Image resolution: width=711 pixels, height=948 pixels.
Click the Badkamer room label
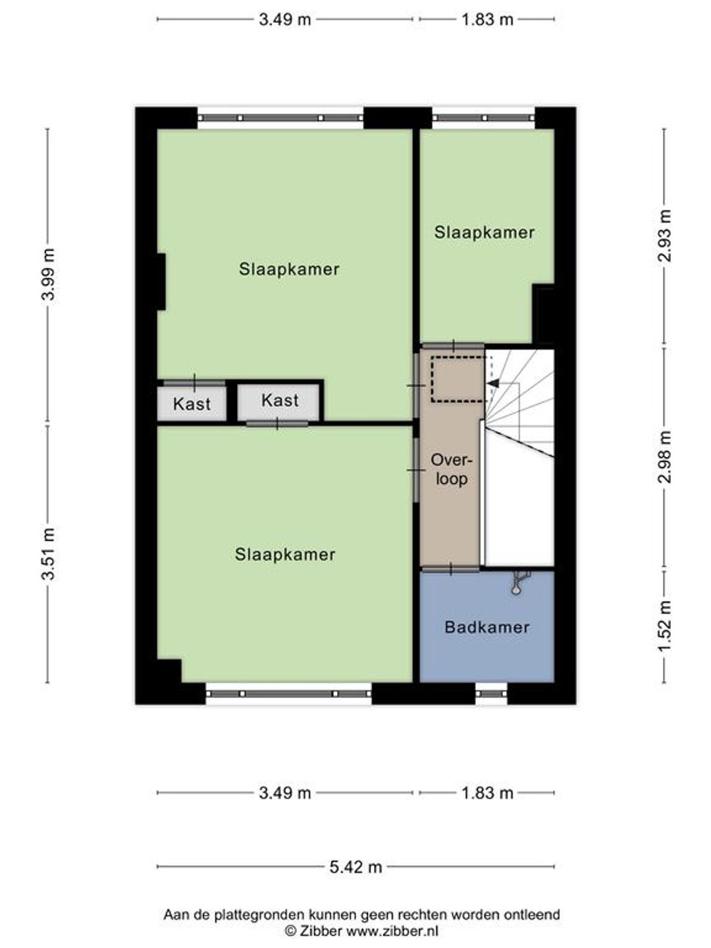pyautogui.click(x=487, y=627)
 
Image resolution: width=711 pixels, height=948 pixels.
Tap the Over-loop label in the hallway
pyautogui.click(x=451, y=469)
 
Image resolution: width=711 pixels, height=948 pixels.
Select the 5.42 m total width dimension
pyautogui.click(x=355, y=866)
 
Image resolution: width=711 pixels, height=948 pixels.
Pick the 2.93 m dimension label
pyautogui.click(x=665, y=236)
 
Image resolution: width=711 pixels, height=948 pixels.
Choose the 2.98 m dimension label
pyautogui.click(x=665, y=457)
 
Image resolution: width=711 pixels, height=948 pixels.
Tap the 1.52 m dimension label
pyautogui.click(x=665, y=627)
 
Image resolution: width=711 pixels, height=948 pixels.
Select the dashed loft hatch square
pyautogui.click(x=458, y=380)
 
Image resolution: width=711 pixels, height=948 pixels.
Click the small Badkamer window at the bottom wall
pyautogui.click(x=491, y=694)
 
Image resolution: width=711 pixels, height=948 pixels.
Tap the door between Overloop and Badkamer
pyautogui.click(x=451, y=570)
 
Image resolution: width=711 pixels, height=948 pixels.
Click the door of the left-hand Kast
pyautogui.click(x=194, y=383)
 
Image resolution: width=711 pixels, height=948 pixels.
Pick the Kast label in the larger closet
pyautogui.click(x=280, y=400)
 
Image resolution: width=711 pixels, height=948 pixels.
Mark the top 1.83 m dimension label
pyautogui.click(x=487, y=20)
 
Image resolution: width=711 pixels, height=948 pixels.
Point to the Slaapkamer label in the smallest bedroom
pyautogui.click(x=485, y=232)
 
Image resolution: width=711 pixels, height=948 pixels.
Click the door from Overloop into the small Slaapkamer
pyautogui.click(x=453, y=346)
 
